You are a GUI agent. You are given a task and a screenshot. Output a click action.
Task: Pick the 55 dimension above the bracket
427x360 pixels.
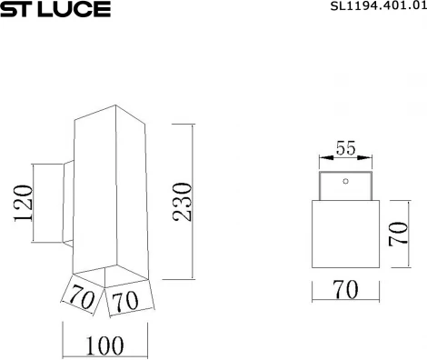pyautogui.click(x=344, y=148)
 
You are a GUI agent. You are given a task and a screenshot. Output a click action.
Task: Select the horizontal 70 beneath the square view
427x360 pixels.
pyautogui.click(x=344, y=290)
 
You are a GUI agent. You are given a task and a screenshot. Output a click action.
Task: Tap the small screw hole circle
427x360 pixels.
pyautogui.click(x=344, y=181)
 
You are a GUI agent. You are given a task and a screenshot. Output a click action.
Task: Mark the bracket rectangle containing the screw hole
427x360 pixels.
pyautogui.click(x=344, y=187)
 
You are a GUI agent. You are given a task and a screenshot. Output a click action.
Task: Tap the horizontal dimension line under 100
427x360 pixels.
pyautogui.click(x=105, y=355)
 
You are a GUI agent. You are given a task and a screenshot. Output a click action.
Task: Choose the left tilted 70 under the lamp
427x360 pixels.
pyautogui.click(x=80, y=295)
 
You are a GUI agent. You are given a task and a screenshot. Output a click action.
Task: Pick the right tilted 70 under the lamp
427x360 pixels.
pyautogui.click(x=126, y=299)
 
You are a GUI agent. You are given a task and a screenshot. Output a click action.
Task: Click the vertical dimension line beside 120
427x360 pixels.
pyautogui.click(x=34, y=202)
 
